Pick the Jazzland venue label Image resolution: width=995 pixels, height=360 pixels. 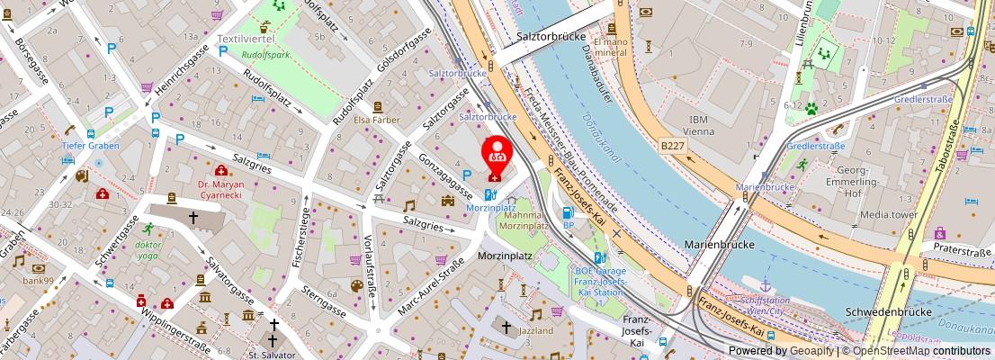tap(536, 331)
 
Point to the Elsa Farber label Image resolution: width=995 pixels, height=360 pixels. tap(376, 120)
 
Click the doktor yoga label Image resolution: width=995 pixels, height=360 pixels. tap(148, 249)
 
